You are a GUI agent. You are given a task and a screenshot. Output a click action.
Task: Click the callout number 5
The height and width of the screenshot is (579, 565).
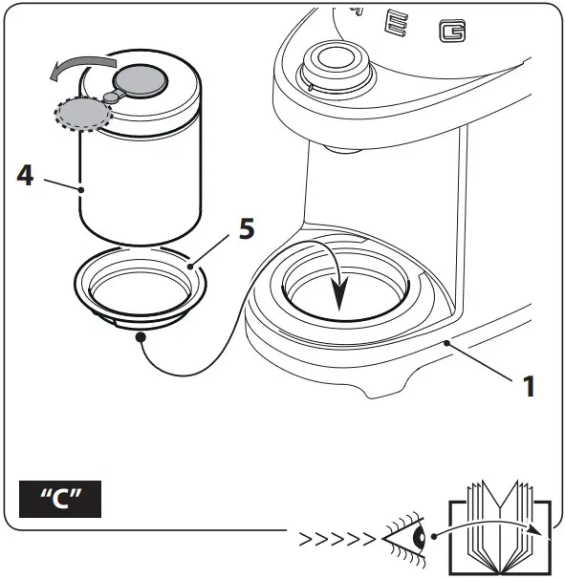tap(247, 231)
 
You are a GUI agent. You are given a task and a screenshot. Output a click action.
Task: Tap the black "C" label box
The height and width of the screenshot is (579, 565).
tap(60, 501)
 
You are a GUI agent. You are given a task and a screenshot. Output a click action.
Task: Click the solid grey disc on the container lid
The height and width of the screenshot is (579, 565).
tap(143, 79)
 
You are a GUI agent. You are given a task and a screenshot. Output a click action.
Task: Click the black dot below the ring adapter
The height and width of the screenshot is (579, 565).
tap(141, 336)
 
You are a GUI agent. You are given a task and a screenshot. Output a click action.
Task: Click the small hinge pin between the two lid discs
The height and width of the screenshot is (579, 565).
tap(111, 96)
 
